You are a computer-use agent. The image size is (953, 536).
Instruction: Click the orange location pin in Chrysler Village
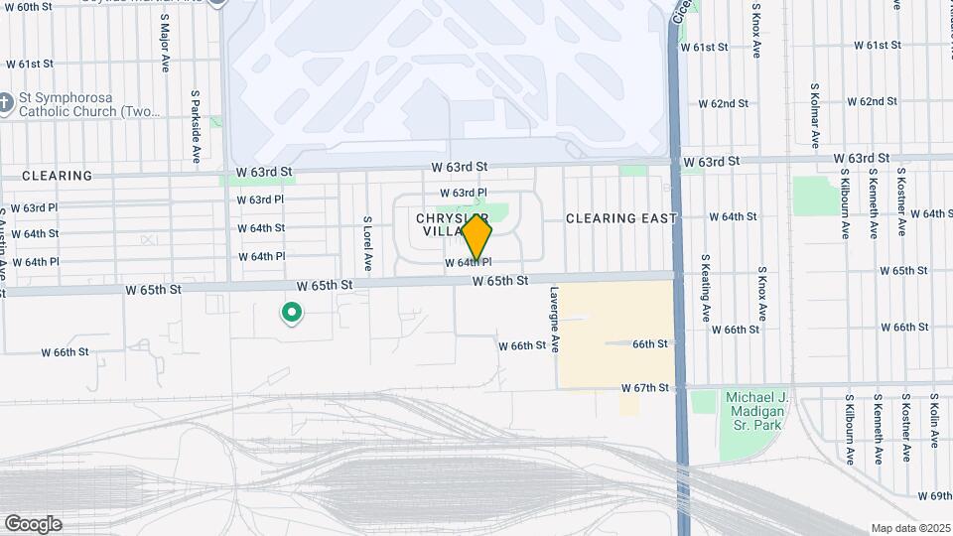(477, 238)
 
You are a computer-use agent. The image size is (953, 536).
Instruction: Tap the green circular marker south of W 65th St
(292, 315)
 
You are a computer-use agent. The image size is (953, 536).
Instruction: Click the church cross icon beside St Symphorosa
(6, 100)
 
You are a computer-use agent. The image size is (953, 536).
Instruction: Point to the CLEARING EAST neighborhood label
(621, 218)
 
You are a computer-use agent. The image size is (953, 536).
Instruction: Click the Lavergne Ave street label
(556, 321)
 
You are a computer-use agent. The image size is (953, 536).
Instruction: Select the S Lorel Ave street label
(367, 244)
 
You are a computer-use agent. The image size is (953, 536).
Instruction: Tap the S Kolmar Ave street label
(815, 116)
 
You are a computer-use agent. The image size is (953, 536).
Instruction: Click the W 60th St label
(28, 7)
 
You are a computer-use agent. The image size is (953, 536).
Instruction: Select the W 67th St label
(646, 387)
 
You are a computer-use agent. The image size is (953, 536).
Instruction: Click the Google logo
(33, 524)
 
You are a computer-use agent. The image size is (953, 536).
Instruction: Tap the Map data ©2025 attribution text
(909, 528)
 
